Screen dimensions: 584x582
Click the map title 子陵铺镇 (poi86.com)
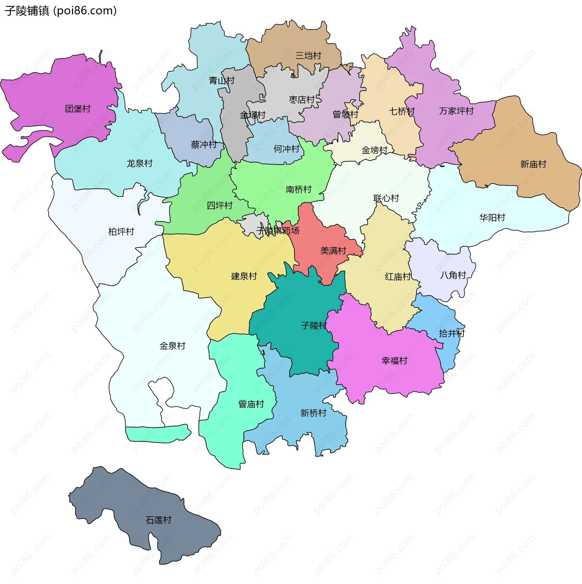click(x=61, y=11)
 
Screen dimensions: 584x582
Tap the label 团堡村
click(x=78, y=109)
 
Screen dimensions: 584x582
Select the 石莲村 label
click(x=159, y=520)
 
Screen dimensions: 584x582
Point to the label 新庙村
click(x=533, y=164)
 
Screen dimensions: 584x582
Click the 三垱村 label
click(x=308, y=56)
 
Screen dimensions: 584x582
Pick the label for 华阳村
click(x=492, y=217)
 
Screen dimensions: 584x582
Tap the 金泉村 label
click(x=172, y=346)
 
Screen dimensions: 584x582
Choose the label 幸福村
click(x=394, y=361)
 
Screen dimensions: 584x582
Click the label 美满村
click(x=333, y=251)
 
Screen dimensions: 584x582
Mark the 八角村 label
click(x=453, y=275)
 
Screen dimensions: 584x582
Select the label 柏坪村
click(x=121, y=232)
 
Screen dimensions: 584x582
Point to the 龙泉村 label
click(x=139, y=164)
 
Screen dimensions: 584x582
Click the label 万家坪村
click(x=456, y=111)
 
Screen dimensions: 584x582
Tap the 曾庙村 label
click(x=251, y=404)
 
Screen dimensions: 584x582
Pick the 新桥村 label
click(x=313, y=413)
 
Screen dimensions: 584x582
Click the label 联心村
click(x=386, y=198)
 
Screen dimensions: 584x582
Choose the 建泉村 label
click(x=244, y=276)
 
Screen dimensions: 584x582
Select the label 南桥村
click(x=299, y=190)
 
